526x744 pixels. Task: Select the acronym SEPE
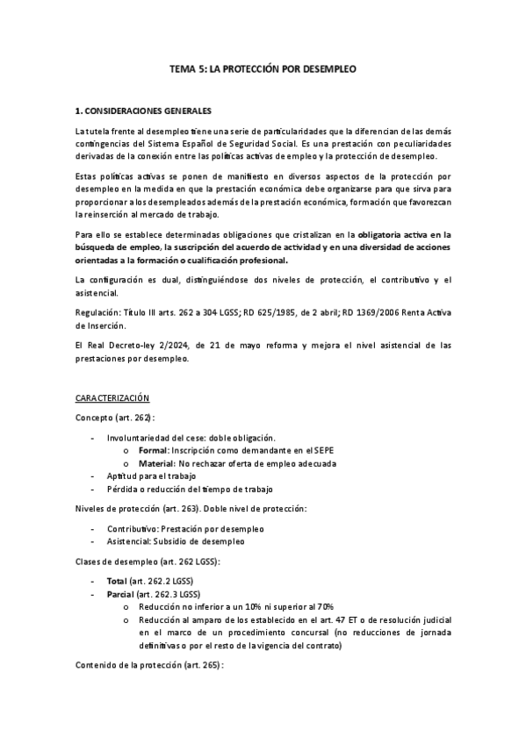323,450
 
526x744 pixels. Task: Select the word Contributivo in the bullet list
133,529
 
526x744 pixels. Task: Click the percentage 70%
324,606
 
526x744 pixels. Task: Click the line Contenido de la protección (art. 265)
150,666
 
